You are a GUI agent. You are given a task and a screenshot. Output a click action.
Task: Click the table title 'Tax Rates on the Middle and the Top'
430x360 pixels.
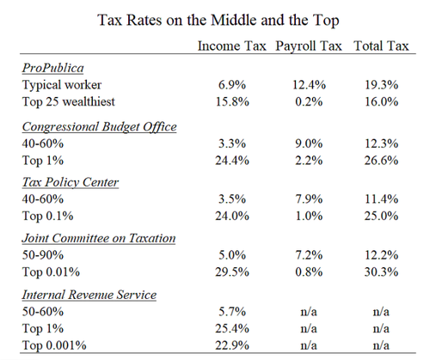click(x=218, y=21)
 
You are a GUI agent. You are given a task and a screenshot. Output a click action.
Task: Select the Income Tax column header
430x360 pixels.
click(x=232, y=46)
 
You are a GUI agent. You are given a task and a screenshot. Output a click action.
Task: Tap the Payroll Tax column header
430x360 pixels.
click(x=309, y=46)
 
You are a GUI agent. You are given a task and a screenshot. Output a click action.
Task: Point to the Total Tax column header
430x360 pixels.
click(x=381, y=46)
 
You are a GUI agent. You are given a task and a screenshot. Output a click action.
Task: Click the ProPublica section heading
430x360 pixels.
click(x=53, y=68)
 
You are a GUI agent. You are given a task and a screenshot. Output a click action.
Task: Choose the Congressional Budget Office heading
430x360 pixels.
click(x=99, y=126)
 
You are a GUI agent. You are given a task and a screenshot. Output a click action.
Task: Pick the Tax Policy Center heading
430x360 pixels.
click(x=71, y=182)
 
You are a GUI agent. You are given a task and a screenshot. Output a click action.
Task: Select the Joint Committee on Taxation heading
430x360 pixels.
click(x=99, y=238)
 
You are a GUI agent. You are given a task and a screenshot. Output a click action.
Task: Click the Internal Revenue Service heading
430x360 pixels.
click(x=89, y=295)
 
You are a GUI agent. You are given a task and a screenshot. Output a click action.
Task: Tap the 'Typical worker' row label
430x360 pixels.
click(x=62, y=85)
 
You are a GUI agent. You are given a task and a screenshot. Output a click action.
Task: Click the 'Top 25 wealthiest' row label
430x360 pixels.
click(x=69, y=102)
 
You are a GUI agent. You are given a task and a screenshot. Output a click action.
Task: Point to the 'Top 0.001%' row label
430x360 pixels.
click(x=54, y=345)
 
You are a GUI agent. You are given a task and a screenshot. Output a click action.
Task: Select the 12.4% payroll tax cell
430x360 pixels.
click(x=309, y=85)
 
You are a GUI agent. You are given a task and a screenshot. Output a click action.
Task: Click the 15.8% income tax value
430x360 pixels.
click(x=232, y=102)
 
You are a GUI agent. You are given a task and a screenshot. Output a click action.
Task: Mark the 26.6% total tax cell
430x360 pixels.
click(x=381, y=161)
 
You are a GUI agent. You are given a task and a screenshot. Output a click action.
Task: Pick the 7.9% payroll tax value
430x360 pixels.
click(x=309, y=199)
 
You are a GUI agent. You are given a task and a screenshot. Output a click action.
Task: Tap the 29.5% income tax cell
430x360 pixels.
click(x=232, y=272)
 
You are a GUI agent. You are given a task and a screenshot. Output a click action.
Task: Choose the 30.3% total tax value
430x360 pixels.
click(x=381, y=272)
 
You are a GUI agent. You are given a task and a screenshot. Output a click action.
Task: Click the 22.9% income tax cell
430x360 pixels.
click(x=232, y=345)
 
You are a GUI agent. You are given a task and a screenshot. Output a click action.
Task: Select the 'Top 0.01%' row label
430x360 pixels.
click(x=51, y=272)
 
